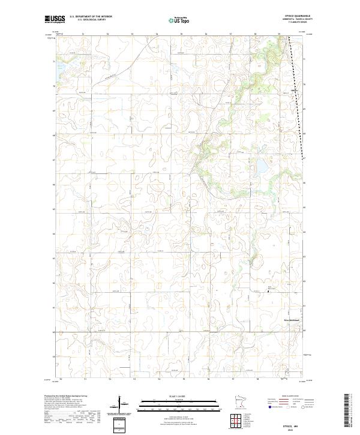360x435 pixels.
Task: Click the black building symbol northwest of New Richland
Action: (268, 291)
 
